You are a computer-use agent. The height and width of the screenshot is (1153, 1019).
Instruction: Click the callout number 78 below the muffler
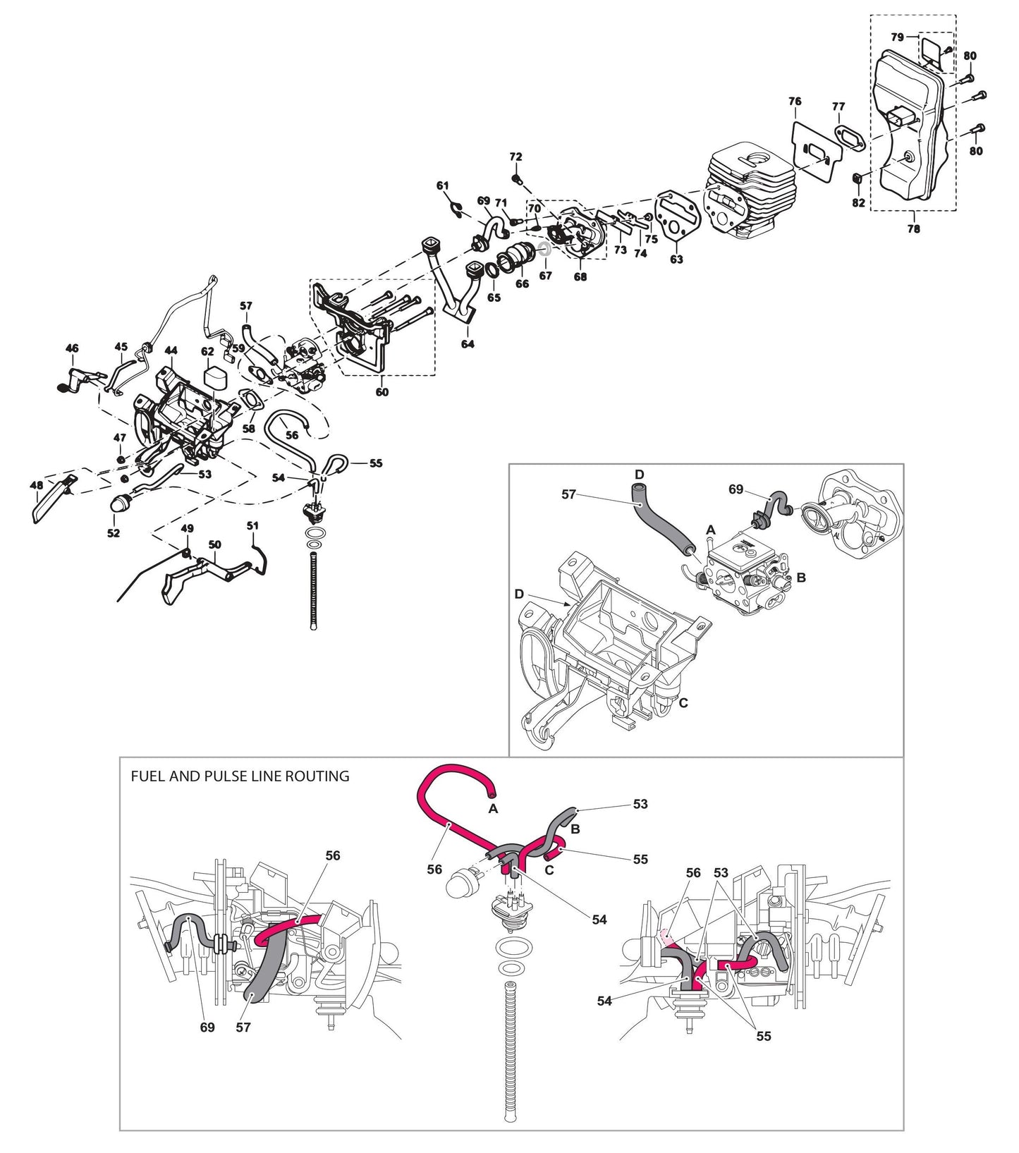pos(913,228)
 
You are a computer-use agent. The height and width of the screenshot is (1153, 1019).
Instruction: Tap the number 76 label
pos(795,102)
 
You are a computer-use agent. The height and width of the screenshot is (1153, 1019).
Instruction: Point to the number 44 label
pos(171,350)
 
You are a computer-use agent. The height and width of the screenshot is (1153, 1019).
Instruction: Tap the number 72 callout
pos(515,157)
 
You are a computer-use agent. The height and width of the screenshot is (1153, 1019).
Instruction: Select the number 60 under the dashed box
pos(382,392)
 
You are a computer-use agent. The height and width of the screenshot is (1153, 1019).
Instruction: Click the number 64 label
pos(468,344)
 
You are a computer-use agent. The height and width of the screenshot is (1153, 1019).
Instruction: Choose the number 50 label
pos(215,545)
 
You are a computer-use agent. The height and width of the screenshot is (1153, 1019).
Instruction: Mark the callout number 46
pos(72,348)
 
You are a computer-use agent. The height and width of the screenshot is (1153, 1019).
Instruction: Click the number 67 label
pos(545,276)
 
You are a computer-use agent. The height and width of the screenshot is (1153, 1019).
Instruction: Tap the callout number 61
pos(442,185)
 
